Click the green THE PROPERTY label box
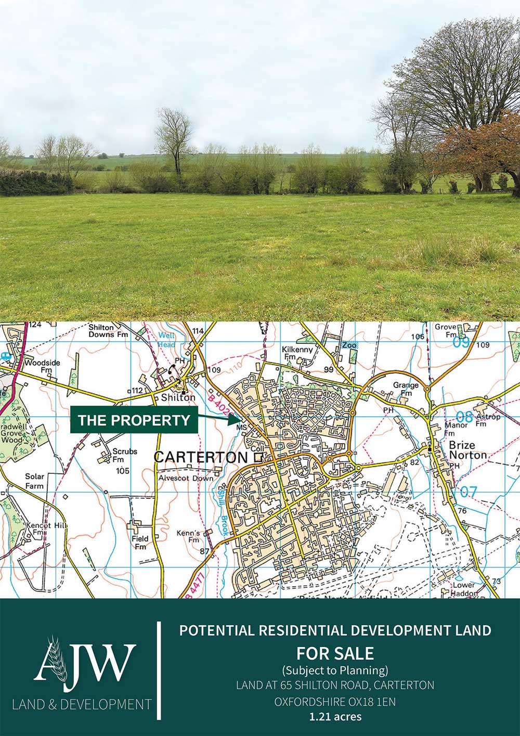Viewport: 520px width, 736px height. pos(134,420)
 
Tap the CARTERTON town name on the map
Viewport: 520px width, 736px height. pos(201,457)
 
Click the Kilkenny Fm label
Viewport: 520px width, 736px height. pos(297,353)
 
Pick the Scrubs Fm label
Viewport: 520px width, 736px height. pos(125,455)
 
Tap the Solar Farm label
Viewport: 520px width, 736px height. pos(35,481)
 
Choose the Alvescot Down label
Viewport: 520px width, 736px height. pos(186,478)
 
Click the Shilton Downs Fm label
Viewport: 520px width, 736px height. pos(108,331)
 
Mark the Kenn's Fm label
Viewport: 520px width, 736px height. pos(188,537)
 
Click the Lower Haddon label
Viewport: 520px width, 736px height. pos(463,589)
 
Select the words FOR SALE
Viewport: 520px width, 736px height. pos(335,653)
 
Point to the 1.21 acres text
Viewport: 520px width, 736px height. pos(335,717)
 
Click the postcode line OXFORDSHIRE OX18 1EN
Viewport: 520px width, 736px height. pos(335,701)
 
